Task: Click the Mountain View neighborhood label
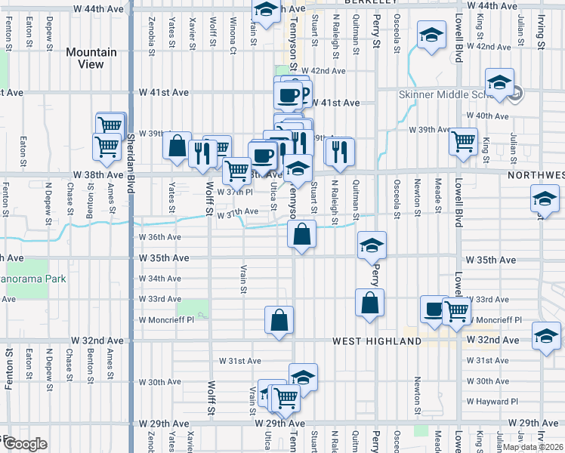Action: click(91, 58)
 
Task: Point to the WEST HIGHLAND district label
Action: click(377, 341)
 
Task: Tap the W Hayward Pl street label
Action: click(492, 402)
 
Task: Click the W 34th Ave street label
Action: click(159, 279)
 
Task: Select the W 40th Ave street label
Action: click(488, 116)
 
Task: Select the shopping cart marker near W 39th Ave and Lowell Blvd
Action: click(463, 140)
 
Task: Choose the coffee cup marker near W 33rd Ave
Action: click(434, 310)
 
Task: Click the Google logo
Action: click(25, 444)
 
